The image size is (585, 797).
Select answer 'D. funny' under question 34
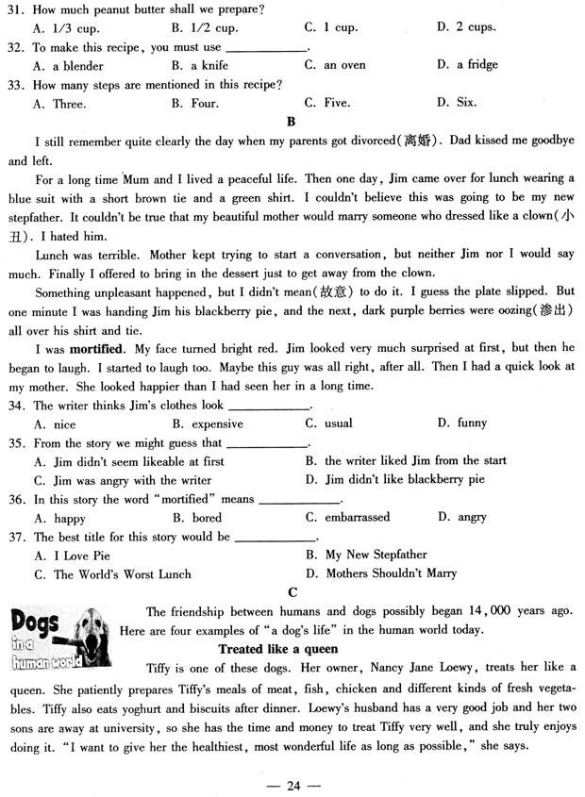click(461, 423)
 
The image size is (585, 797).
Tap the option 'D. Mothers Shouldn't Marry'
click(381, 573)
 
